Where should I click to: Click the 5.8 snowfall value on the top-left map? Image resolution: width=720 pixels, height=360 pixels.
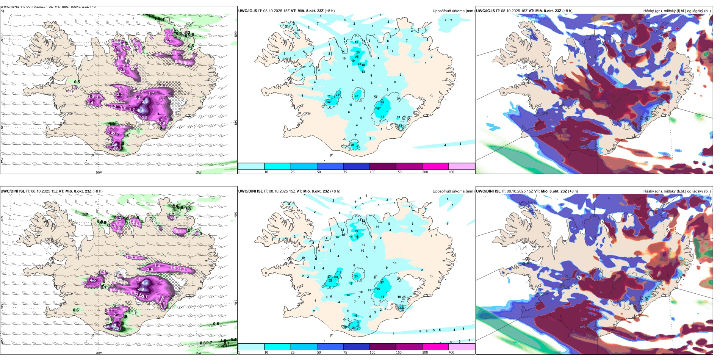pos(145,101)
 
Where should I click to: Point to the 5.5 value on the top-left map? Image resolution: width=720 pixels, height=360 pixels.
pos(141,110)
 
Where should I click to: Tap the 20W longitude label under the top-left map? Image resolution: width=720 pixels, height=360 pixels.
pos(99,172)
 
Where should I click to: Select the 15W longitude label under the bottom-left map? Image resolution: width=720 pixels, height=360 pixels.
pos(198,353)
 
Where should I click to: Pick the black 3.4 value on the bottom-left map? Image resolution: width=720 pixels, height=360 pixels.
pos(233,340)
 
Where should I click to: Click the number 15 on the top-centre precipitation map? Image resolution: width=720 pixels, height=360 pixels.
pos(356,42)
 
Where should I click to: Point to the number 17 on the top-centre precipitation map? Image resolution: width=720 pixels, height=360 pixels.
pos(383,117)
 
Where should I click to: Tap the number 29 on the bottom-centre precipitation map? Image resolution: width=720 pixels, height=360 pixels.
pos(354,328)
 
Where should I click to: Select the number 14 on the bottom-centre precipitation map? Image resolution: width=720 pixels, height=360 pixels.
pos(337,237)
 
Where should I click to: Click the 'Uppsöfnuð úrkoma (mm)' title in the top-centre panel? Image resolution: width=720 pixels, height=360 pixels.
pos(453,11)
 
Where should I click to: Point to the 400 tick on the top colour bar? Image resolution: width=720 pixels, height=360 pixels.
pos(451,172)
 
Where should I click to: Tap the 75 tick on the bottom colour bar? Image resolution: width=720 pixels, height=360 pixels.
pos(345,352)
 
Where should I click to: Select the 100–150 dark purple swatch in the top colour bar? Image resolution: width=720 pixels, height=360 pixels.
pos(382,166)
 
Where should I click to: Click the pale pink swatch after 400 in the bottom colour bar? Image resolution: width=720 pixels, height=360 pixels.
pos(462,347)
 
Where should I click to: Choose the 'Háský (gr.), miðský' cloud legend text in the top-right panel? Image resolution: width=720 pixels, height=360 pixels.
pos(663,11)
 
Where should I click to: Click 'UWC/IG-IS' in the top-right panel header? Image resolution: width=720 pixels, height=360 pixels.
pos(485,11)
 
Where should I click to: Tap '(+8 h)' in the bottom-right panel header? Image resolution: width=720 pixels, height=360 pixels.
pos(573,191)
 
